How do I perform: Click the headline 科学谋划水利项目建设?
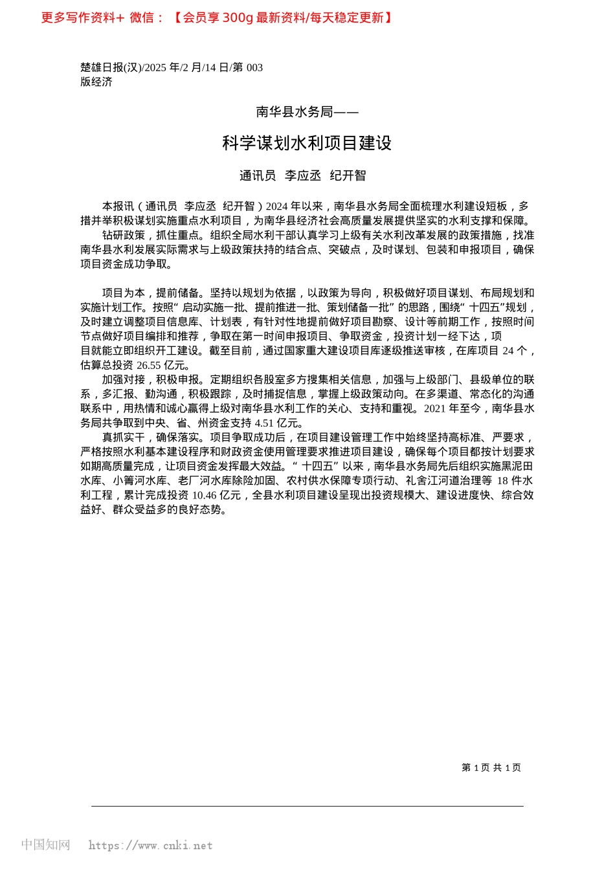tap(307, 143)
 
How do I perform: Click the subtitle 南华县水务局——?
tap(307, 112)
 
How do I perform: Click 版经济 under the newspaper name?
tap(96, 82)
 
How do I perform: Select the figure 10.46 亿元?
tap(216, 495)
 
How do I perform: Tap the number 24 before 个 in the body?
tap(508, 351)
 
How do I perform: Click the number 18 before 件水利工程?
tap(502, 480)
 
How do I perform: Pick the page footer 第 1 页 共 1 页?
tap(491, 768)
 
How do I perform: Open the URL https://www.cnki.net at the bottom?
tap(150, 845)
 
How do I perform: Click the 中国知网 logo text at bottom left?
tap(45, 845)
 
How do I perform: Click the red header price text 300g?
tap(238, 17)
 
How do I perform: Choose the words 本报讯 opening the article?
tap(118, 206)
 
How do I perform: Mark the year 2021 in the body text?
tap(436, 408)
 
